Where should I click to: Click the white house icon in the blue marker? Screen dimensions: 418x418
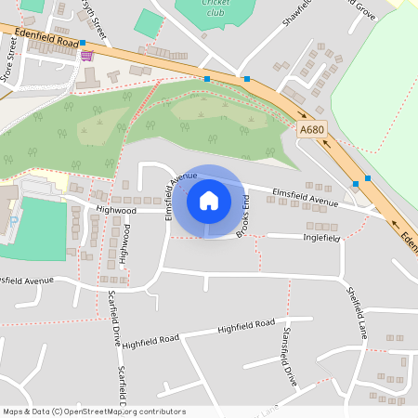click(x=208, y=201)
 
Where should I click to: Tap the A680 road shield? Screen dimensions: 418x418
click(x=312, y=133)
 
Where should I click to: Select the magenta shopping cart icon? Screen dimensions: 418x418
click(x=86, y=56)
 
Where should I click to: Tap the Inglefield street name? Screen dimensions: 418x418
click(x=322, y=238)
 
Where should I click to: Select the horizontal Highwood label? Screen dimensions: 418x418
click(x=116, y=211)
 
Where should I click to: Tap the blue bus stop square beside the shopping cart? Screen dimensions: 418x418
click(x=83, y=43)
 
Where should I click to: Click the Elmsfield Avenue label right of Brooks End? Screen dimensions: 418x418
click(x=306, y=198)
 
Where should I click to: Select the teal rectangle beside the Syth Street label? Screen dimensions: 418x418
click(x=149, y=23)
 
